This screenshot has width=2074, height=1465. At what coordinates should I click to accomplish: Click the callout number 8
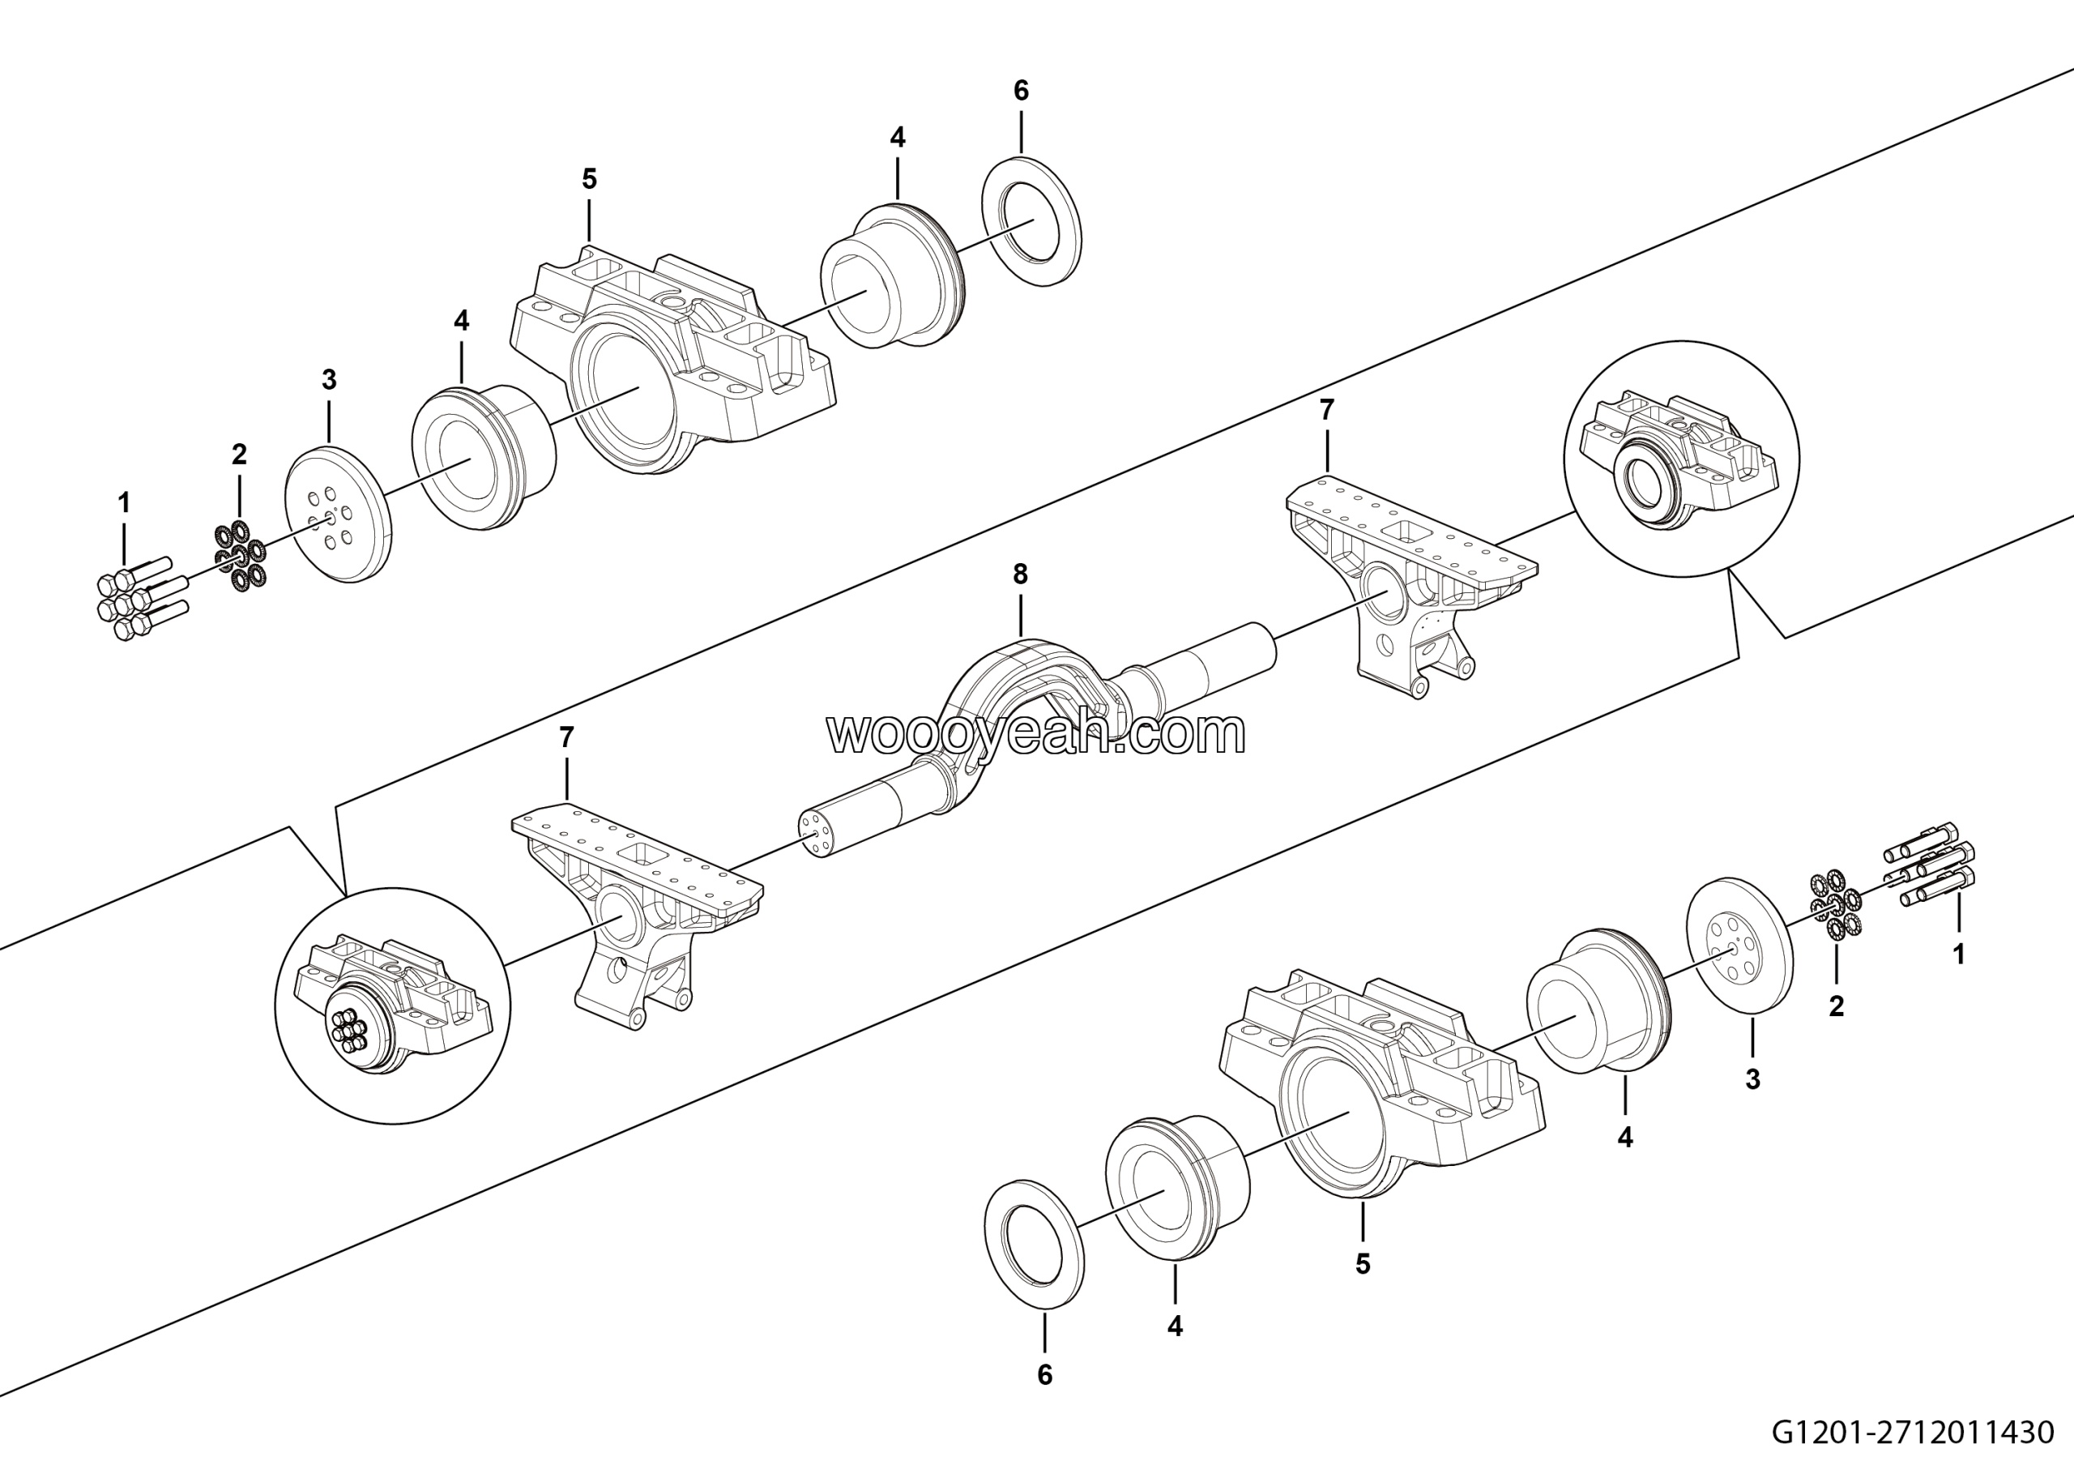click(1020, 574)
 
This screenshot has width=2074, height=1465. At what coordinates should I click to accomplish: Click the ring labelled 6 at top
click(1031, 222)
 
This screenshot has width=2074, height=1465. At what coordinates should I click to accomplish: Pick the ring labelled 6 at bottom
click(1034, 1241)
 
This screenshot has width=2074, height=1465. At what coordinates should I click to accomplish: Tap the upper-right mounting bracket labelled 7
click(1409, 578)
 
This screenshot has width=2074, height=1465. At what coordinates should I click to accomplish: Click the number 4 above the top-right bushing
click(897, 137)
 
